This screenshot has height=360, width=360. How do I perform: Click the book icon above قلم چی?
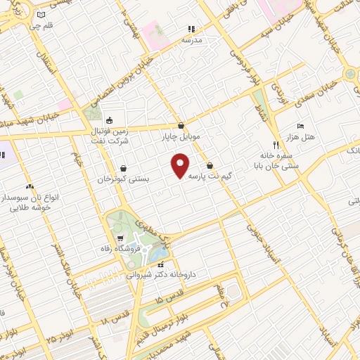41,14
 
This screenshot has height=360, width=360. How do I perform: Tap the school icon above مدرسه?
190,30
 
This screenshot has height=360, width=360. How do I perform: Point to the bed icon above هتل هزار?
301,125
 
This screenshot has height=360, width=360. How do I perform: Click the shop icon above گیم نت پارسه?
210,166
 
